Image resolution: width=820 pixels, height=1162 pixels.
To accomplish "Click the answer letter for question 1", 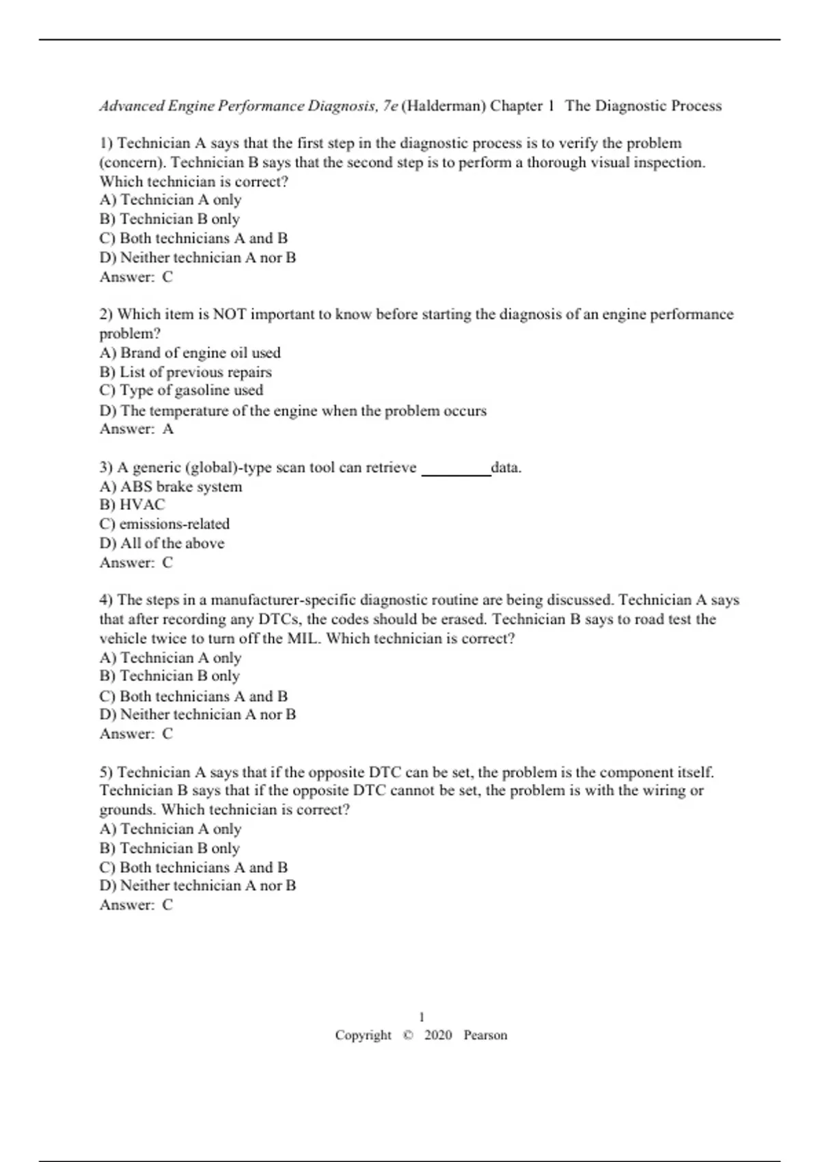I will point(167,277).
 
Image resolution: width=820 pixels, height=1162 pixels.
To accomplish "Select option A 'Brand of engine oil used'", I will point(190,353).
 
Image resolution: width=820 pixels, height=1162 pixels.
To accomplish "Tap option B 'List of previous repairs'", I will point(185,372).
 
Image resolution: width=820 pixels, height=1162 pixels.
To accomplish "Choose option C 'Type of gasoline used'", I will point(181,390).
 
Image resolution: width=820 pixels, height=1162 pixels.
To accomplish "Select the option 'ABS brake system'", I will point(171,487).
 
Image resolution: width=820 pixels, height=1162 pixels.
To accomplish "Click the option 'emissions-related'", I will point(165,524).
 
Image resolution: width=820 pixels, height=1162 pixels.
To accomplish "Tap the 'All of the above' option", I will point(162,543).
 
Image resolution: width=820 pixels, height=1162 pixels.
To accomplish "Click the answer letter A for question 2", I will point(168,429).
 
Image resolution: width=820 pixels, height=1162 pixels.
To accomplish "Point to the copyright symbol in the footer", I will point(408,1035).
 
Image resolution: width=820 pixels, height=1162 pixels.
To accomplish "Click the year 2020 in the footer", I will point(438,1035).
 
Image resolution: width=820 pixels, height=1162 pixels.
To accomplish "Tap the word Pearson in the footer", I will point(485,1035).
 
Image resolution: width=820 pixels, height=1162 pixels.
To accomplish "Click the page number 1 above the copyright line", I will point(422,1016).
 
